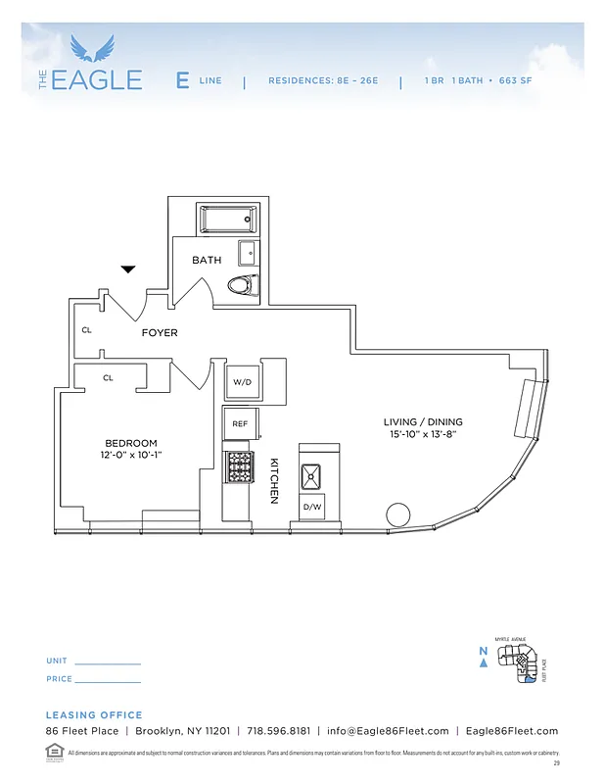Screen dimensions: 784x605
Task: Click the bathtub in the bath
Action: pos(227,219)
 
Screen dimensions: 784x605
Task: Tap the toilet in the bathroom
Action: pos(241,285)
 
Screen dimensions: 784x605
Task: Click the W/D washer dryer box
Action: pos(241,380)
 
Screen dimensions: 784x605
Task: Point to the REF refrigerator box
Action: pos(240,423)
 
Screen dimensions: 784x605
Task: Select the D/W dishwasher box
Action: pos(312,507)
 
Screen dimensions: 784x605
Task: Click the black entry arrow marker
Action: pos(128,268)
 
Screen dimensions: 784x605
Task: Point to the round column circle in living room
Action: pos(397,514)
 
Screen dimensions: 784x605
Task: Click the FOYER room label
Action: pos(160,333)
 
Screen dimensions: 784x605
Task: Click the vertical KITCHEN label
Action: pos(275,481)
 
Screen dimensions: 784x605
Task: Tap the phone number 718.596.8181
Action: pos(278,731)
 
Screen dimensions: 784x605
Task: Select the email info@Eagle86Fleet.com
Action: pos(388,731)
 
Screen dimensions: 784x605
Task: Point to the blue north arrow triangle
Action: pos(483,662)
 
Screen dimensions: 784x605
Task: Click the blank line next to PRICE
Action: pos(108,680)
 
